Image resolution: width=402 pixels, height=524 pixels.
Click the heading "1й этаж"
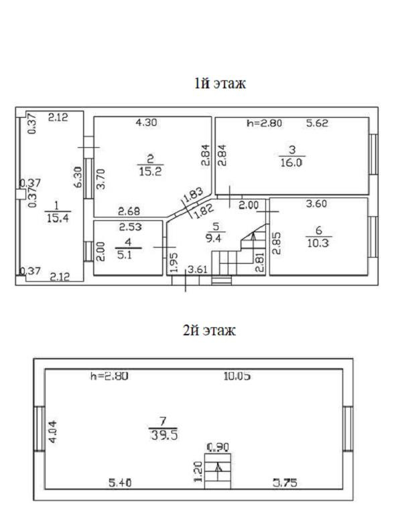pos(219,84)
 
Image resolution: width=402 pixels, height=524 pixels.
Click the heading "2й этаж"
pos(209,330)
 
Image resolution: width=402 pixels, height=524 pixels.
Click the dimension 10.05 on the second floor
pos(237,376)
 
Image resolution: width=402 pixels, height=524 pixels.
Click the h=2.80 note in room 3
pos(264,123)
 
